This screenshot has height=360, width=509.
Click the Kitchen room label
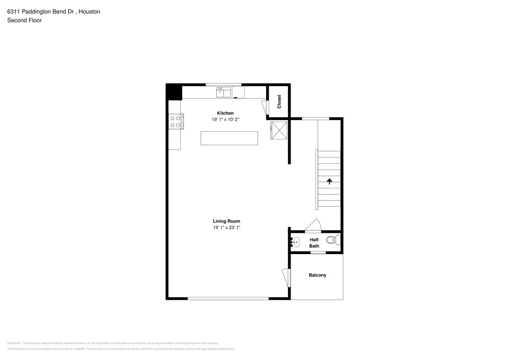[225, 113]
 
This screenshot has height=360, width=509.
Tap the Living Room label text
[227, 221]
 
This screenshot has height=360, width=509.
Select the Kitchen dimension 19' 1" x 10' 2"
[225, 119]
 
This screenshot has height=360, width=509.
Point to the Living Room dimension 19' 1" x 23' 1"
[227, 228]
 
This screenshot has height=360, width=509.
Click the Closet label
[279, 102]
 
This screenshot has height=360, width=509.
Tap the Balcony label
[318, 275]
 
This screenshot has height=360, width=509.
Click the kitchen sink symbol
[224, 92]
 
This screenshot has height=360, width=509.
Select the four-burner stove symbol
[175, 121]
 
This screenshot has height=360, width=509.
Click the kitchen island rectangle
[229, 138]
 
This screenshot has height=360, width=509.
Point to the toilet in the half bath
[333, 240]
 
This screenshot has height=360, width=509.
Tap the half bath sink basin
[297, 242]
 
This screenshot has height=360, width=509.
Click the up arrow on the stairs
[329, 181]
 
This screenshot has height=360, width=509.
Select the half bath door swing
[312, 225]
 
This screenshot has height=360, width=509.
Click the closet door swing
[265, 107]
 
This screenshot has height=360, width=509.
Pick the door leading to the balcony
[286, 278]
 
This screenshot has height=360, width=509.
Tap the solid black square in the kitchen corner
[174, 92]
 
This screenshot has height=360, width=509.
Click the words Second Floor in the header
[24, 20]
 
